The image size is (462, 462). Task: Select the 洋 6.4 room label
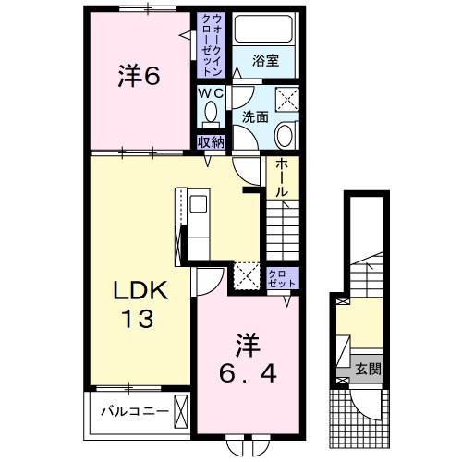pyautogui.click(x=247, y=358)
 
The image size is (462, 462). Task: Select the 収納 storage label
pyautogui.click(x=211, y=141)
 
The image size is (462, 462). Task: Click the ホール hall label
pyautogui.click(x=281, y=176)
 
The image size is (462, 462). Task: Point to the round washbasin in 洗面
pyautogui.click(x=284, y=136)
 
